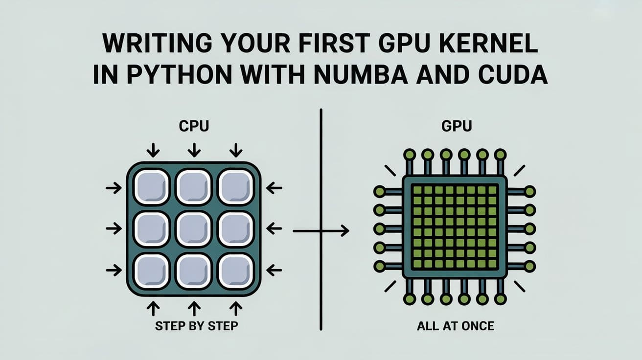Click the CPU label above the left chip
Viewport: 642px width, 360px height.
[x=194, y=126]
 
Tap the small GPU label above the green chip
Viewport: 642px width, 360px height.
[x=457, y=126]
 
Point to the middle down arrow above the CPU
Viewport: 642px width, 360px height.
[x=194, y=149]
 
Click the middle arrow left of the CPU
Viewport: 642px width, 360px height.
[x=114, y=228]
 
